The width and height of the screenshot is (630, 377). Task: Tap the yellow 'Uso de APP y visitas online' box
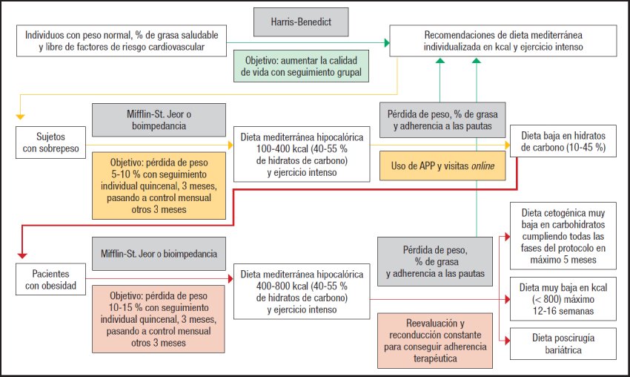(437, 166)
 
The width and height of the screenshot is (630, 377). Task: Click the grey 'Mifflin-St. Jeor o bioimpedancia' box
(159, 254)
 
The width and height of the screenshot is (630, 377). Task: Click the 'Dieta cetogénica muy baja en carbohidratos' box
(563, 235)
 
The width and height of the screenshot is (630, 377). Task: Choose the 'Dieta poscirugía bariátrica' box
(563, 343)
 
